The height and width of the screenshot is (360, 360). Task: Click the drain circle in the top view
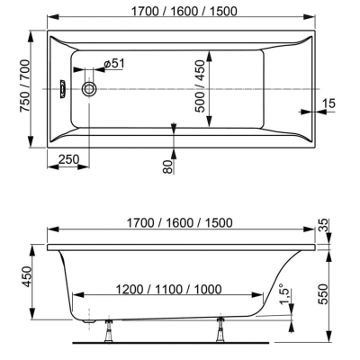click(x=89, y=89)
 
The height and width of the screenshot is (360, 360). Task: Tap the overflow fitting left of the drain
click(x=63, y=89)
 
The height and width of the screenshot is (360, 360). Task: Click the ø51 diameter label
click(x=113, y=63)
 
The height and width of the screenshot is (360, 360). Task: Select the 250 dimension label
click(x=68, y=159)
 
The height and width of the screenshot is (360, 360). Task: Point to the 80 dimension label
click(x=168, y=166)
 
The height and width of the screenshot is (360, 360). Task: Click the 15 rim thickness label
click(x=328, y=103)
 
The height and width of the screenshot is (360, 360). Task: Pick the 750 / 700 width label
click(x=25, y=86)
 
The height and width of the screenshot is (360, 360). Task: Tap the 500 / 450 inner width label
click(x=200, y=86)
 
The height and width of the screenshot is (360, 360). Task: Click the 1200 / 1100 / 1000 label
click(x=168, y=290)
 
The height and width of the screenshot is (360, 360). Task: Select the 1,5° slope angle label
click(x=286, y=293)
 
